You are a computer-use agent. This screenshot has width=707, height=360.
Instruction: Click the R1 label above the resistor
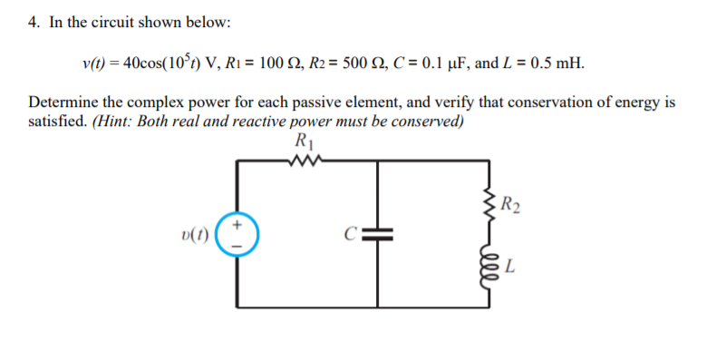click(303, 142)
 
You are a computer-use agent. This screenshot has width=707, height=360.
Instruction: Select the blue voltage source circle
click(239, 234)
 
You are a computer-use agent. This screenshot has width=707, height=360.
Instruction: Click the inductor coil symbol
click(491, 265)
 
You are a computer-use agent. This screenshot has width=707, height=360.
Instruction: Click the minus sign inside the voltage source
click(239, 245)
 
